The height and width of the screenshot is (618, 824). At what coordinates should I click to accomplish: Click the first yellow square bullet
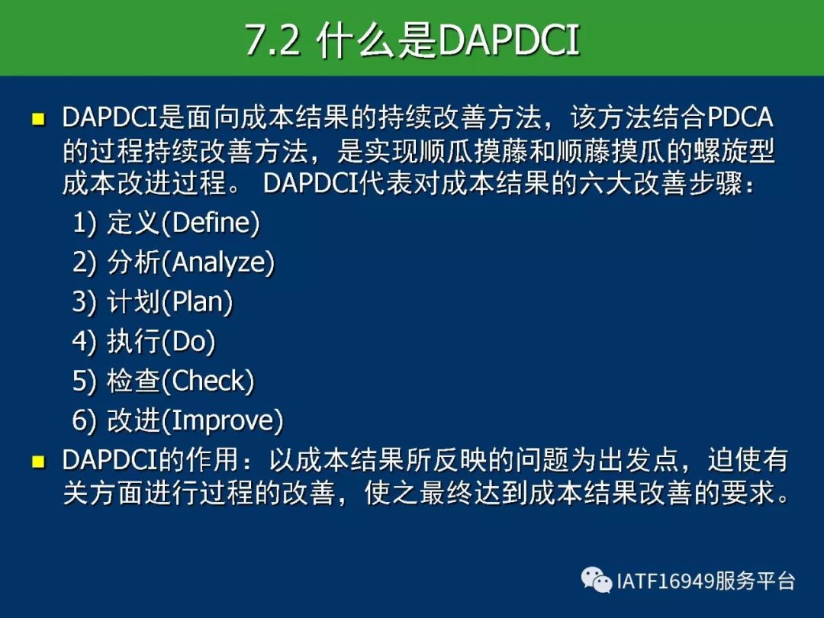tap(38, 119)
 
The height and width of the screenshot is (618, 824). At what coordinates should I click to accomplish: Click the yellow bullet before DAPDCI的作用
tap(38, 462)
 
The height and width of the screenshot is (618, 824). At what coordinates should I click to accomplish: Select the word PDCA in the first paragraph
tap(741, 117)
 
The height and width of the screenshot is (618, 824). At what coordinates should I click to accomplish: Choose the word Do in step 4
tap(188, 341)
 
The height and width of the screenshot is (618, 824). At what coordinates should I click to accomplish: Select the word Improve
tap(222, 420)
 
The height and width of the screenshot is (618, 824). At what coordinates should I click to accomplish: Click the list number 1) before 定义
tap(84, 223)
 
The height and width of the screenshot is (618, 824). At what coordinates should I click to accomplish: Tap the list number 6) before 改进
tap(84, 420)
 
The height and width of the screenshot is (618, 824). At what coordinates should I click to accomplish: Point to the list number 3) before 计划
tap(84, 301)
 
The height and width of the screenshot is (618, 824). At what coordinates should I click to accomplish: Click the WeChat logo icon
tap(597, 580)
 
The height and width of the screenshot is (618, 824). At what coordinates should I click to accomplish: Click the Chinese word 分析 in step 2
tap(134, 262)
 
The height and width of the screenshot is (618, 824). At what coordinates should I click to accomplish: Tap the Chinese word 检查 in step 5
tap(134, 381)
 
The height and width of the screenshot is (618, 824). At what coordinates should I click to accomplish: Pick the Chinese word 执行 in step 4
tap(134, 341)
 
